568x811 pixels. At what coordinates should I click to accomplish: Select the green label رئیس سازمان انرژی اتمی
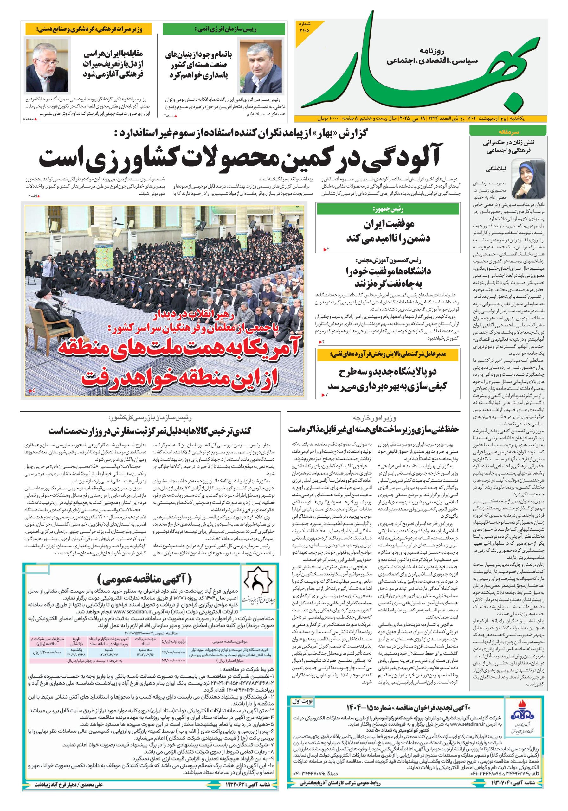pyautogui.click(x=224, y=29)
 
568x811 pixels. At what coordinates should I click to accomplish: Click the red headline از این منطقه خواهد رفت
pyautogui.click(x=180, y=378)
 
